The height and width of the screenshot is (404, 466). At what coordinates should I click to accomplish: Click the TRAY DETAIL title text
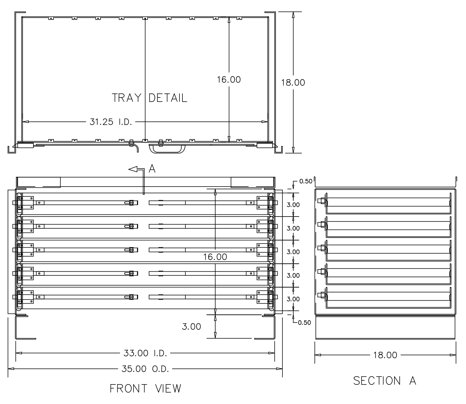point(149,98)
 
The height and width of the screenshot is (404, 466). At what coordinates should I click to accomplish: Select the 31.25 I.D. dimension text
point(111,122)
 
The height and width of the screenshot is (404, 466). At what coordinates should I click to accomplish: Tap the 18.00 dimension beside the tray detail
point(293,82)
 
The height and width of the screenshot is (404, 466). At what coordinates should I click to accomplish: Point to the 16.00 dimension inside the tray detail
point(229,79)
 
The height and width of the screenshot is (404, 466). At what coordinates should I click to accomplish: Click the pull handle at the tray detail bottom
point(167,149)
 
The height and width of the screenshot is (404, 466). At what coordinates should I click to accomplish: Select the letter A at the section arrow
point(152,169)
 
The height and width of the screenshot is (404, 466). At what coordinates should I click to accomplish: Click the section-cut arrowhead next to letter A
point(133,169)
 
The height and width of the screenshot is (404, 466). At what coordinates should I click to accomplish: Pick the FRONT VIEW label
point(145,388)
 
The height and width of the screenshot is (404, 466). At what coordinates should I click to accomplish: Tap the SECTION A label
point(385,381)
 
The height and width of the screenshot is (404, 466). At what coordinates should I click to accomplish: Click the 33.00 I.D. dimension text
point(145,353)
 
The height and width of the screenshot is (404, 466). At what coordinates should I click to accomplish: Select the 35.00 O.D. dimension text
point(145,369)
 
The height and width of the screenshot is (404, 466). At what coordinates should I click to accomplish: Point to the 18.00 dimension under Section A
point(385,355)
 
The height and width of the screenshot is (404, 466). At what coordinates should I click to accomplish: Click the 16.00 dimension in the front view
point(215,256)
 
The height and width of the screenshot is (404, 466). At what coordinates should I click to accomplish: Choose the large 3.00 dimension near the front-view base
point(191,326)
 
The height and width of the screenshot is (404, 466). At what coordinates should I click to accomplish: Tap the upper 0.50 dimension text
point(306,181)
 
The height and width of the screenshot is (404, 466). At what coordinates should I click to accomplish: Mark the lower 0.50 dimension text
point(304,323)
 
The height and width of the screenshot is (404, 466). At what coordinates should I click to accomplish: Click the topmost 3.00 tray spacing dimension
point(293,205)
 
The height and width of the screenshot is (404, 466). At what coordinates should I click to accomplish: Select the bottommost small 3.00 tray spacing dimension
point(293,299)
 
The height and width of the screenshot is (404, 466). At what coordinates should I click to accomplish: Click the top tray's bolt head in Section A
point(320,201)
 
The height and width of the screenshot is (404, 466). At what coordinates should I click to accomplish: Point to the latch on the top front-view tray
point(132,203)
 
